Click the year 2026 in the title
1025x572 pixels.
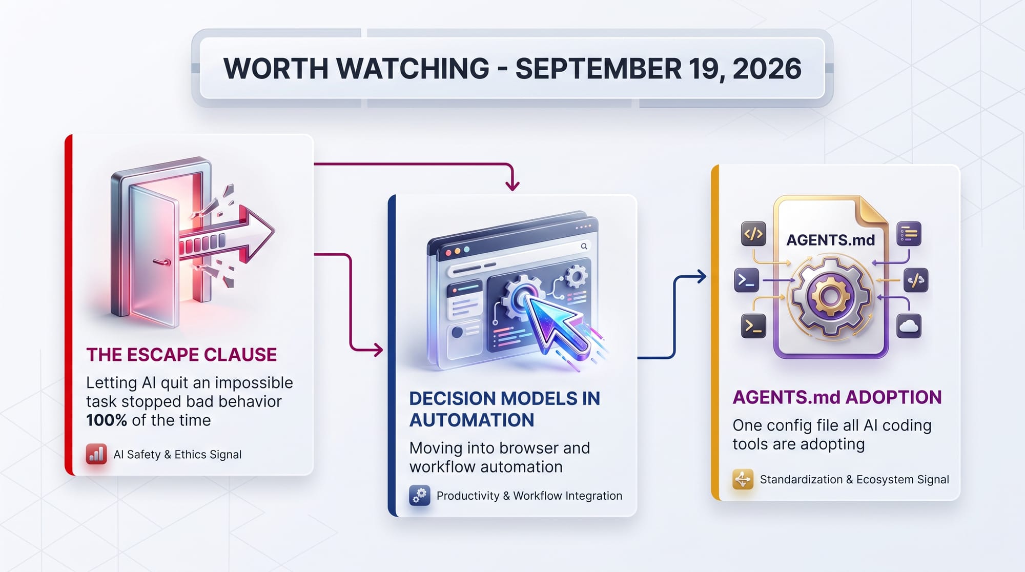click(x=767, y=69)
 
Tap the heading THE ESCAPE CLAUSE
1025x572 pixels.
click(x=181, y=355)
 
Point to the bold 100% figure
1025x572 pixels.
click(x=107, y=420)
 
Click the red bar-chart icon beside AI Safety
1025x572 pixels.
click(x=96, y=454)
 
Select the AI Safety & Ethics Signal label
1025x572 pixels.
click(x=177, y=455)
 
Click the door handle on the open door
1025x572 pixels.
click(x=163, y=262)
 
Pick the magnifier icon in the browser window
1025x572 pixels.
click(x=584, y=247)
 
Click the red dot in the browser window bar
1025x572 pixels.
click(x=448, y=253)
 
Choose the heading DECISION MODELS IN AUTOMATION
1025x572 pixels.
click(x=505, y=409)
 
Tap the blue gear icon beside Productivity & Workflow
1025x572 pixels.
click(x=420, y=496)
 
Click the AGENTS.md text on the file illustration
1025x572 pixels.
click(x=831, y=240)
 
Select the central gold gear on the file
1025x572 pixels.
click(x=830, y=296)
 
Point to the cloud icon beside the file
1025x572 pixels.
click(x=909, y=326)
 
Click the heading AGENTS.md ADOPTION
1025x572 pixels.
click(x=837, y=397)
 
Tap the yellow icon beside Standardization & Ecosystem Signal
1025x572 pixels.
click(x=743, y=480)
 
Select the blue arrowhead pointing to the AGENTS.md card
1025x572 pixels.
click(x=701, y=277)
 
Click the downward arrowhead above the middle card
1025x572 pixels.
click(x=512, y=185)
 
